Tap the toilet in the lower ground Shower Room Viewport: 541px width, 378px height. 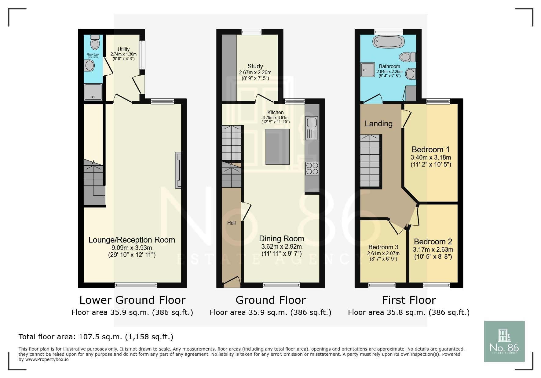click(x=95, y=43)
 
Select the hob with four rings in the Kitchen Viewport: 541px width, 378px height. click(x=312, y=168)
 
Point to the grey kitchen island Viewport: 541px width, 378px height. click(x=277, y=147)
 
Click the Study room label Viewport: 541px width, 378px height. click(x=255, y=66)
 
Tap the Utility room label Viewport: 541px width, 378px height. click(x=123, y=49)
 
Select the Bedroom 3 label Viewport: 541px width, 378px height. click(x=383, y=247)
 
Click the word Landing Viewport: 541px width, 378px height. click(x=378, y=124)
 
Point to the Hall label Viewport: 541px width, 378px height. click(x=231, y=223)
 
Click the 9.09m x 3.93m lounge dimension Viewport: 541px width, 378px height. click(x=132, y=248)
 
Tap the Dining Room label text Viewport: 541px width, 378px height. click(x=281, y=239)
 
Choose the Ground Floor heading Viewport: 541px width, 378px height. click(x=270, y=300)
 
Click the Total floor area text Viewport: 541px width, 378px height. click(x=96, y=337)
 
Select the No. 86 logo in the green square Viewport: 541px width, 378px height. click(x=504, y=341)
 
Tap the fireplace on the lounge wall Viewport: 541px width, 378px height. click(x=178, y=170)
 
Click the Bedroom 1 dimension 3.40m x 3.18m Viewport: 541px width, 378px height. click(x=431, y=157)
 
